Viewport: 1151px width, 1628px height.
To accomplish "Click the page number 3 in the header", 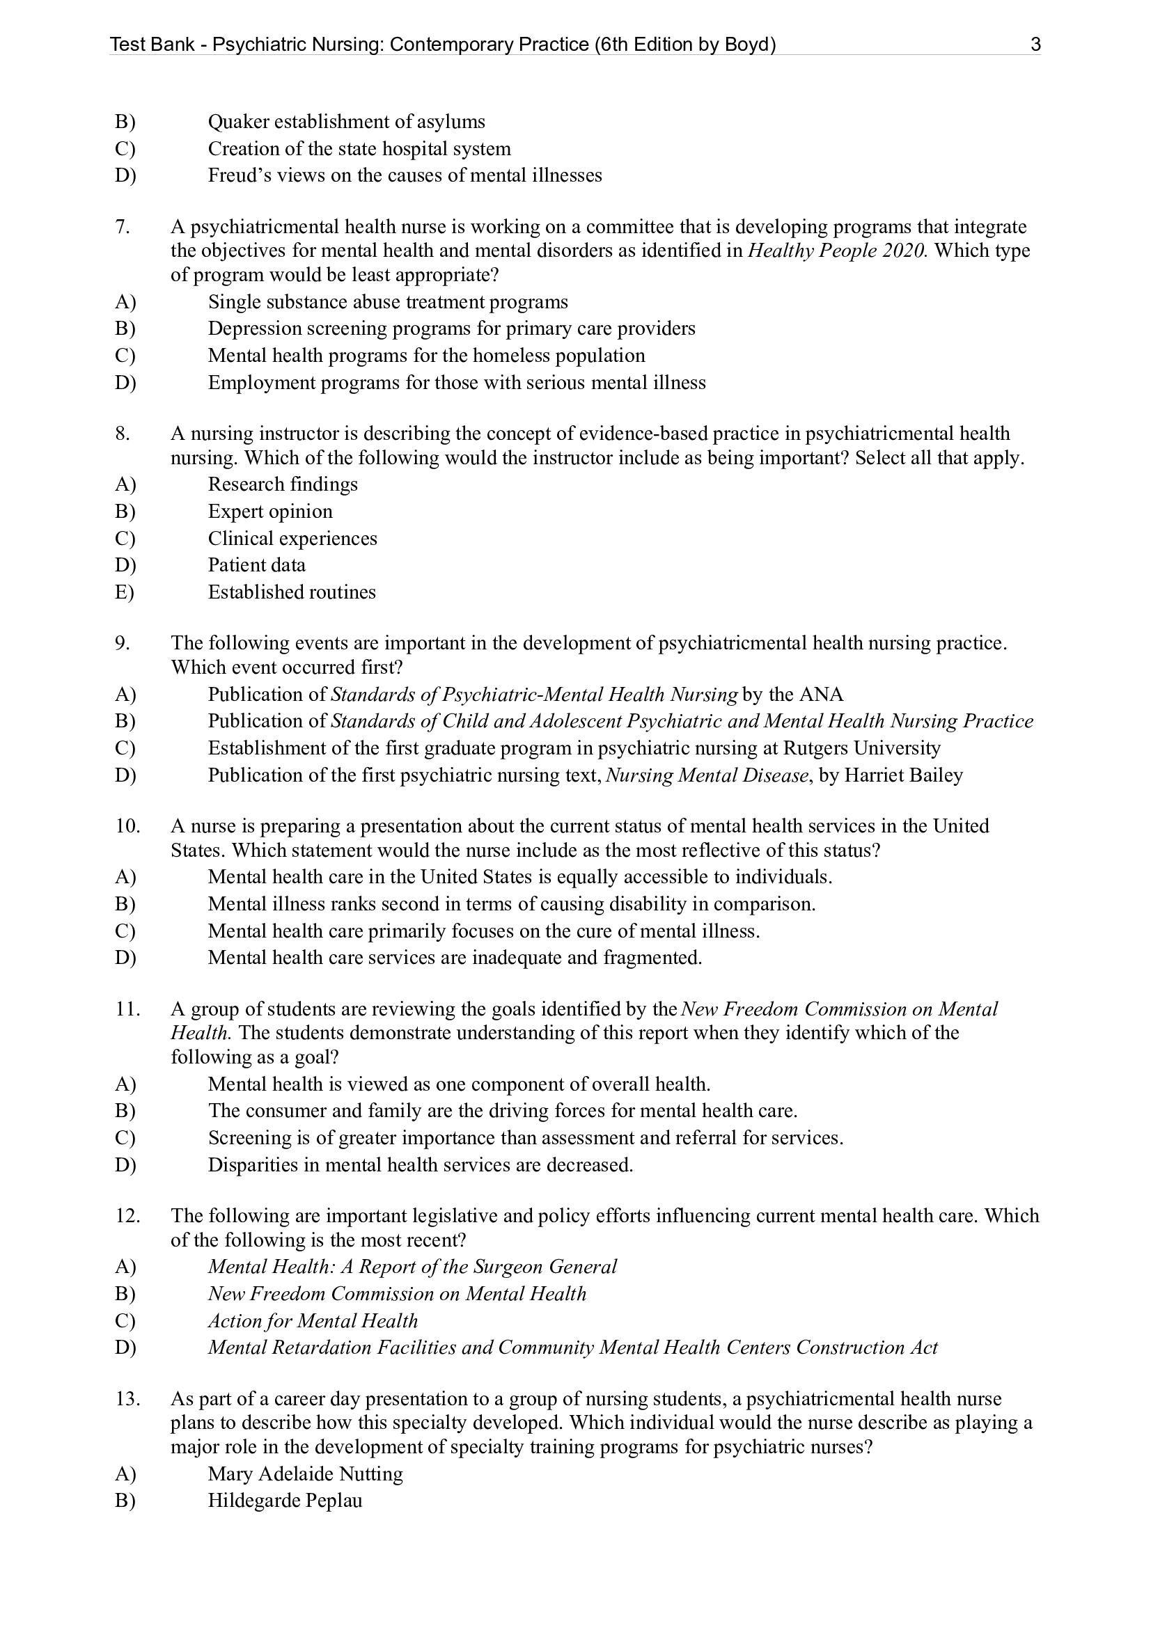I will click(x=1035, y=45).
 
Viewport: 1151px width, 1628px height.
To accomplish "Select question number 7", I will click(x=123, y=227).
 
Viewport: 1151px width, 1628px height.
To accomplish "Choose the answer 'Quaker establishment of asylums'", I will click(x=346, y=122).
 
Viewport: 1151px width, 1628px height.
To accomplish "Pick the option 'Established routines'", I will click(x=292, y=592).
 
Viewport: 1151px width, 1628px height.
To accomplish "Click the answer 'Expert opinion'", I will click(x=269, y=512).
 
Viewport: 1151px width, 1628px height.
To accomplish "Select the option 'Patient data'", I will click(x=256, y=565).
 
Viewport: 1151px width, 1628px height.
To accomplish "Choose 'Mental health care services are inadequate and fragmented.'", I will click(x=455, y=958).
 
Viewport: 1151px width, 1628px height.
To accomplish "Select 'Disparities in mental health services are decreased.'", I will click(x=420, y=1165).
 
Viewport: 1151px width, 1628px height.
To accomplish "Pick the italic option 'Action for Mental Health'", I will click(x=313, y=1321).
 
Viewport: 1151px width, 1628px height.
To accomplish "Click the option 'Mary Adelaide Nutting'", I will click(x=305, y=1474).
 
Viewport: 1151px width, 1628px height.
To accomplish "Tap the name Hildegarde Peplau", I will click(x=284, y=1501).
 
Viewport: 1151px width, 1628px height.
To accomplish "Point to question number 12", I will click(x=127, y=1216).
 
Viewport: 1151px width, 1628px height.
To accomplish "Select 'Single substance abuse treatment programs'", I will click(x=388, y=302).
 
